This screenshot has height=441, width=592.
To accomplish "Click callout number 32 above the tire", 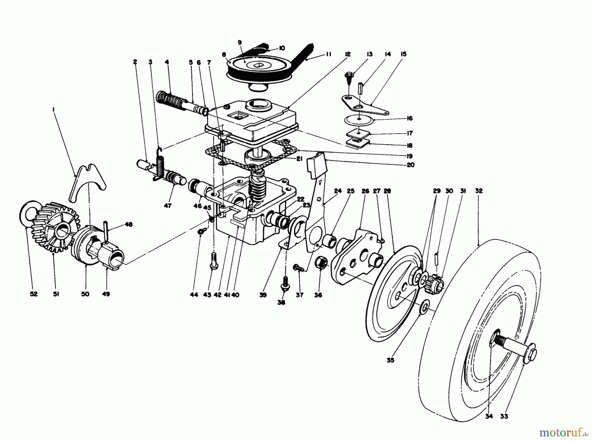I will click(479, 191).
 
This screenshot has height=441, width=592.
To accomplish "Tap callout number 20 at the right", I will click(410, 165).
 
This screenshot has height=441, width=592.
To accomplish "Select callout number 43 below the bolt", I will click(207, 295).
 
